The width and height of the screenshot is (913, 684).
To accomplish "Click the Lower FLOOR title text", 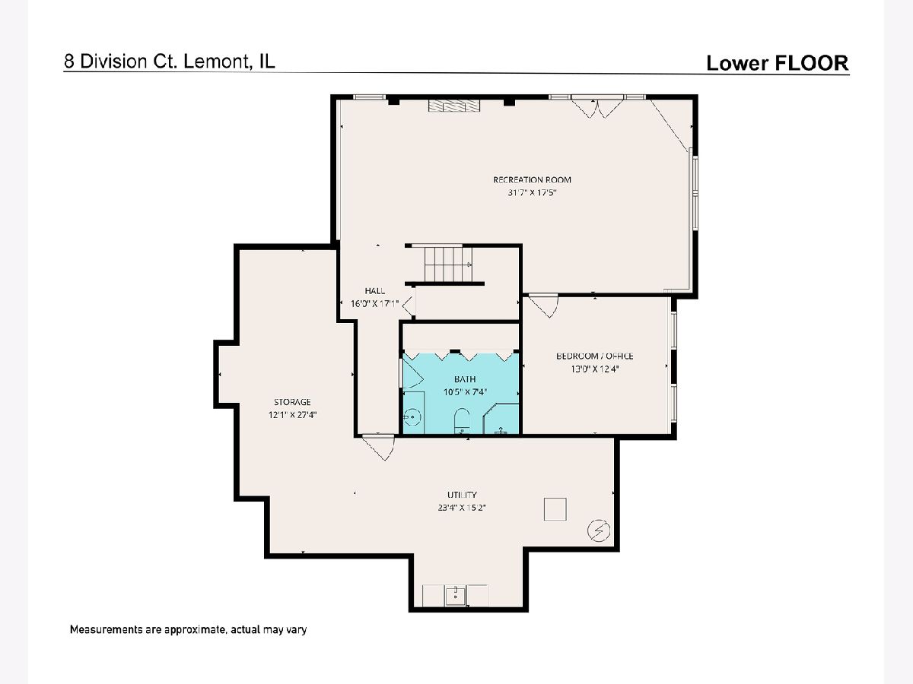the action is tap(777, 63).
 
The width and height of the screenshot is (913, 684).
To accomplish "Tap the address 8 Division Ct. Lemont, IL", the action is tap(170, 62).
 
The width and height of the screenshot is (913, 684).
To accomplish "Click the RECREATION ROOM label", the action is tap(532, 180).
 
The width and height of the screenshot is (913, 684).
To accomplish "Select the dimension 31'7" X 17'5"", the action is tap(532, 192).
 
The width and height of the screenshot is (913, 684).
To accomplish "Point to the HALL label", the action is tap(375, 291).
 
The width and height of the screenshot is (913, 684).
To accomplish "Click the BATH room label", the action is tap(465, 378).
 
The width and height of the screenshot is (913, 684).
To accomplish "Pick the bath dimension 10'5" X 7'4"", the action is tap(465, 391).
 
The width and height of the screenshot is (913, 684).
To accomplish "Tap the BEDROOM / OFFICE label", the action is tap(595, 356).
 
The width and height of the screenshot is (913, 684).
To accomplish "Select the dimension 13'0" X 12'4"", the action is tap(595, 369).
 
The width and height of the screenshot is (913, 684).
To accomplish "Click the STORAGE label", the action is tap(292, 402).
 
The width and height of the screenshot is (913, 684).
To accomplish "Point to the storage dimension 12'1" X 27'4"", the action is tap(292, 414).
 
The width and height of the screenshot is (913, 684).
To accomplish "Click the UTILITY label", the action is tap(462, 495).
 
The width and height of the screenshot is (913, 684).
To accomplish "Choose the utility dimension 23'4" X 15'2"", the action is tap(462, 507).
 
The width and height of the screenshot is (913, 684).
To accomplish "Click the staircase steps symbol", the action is tap(448, 264).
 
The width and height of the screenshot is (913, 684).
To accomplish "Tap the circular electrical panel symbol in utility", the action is tap(599, 530).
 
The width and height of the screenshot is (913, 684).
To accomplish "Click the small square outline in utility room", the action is tap(555, 508).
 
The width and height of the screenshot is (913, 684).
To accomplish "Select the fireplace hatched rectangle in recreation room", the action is tap(454, 106).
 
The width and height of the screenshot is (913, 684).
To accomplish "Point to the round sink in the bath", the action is tap(413, 416).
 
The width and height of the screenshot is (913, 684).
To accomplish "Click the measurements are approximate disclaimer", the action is tap(188, 629).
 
